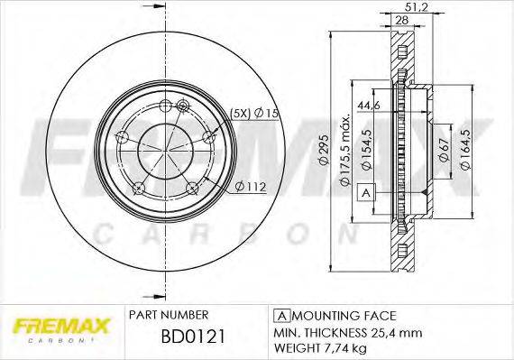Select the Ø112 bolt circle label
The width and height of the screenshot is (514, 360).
pos(249,187)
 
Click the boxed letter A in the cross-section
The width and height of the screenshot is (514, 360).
pos(366,192)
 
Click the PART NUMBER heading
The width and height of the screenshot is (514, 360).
pos(170,315)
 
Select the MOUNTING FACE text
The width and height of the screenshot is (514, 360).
pos(343,315)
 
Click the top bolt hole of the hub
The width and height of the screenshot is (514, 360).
pos(183,107)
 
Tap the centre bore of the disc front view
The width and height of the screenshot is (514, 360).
pos(164,148)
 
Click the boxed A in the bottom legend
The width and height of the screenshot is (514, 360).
pos(280,315)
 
